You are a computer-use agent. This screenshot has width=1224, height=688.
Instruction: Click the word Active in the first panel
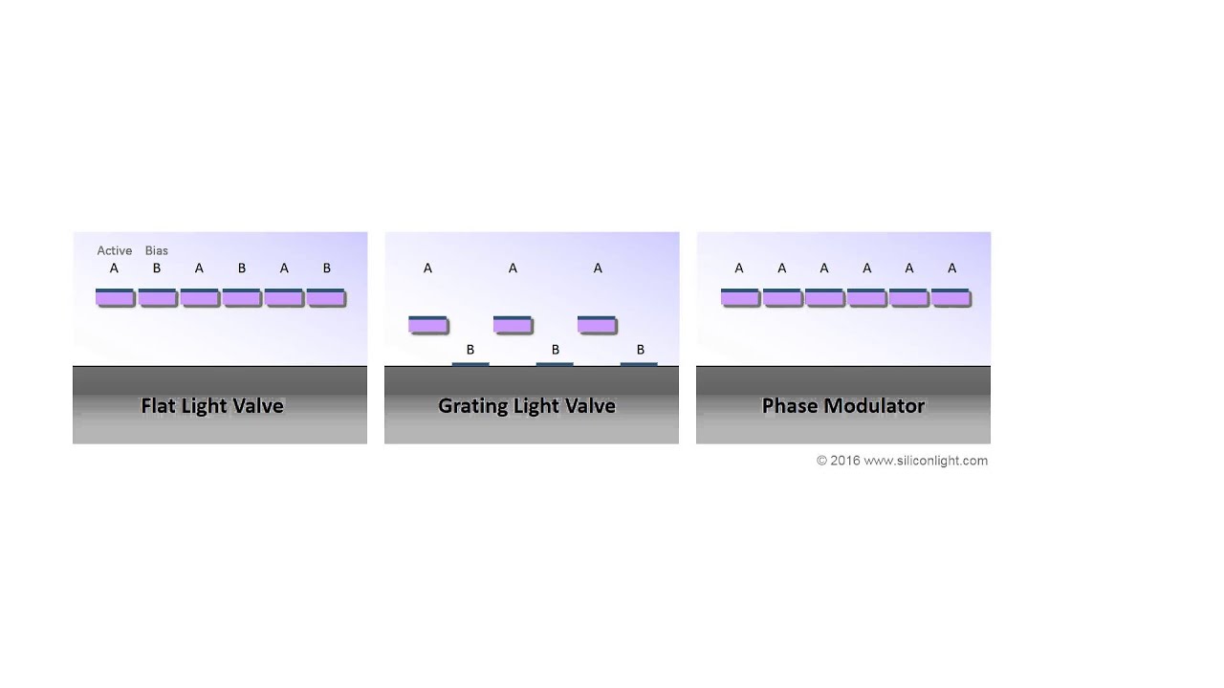click(x=114, y=250)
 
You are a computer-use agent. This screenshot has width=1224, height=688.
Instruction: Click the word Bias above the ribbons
click(x=156, y=250)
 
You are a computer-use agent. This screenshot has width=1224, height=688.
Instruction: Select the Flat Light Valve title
click(x=212, y=405)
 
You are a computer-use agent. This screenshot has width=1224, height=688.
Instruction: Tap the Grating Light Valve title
click(x=526, y=405)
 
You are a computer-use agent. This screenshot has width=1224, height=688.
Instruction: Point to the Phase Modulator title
click(x=842, y=405)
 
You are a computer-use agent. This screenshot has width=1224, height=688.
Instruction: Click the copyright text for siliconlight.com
click(x=902, y=461)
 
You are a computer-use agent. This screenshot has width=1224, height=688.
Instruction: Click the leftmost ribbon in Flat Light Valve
click(x=115, y=297)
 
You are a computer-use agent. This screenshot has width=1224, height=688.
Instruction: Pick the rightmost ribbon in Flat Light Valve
click(x=326, y=297)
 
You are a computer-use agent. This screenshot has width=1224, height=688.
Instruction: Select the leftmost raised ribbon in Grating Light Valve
click(x=427, y=324)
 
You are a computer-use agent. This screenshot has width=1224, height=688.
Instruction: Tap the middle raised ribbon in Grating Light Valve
click(x=513, y=324)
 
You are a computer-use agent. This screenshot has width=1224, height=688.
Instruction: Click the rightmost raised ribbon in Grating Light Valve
click(x=597, y=324)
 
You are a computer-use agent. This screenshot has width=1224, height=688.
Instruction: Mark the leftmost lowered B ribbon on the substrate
click(x=470, y=364)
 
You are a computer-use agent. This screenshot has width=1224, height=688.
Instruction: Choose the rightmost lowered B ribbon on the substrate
click(x=639, y=364)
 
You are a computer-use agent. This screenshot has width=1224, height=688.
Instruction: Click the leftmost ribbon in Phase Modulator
click(x=740, y=297)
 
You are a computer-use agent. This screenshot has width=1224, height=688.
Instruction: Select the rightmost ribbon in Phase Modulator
click(x=951, y=297)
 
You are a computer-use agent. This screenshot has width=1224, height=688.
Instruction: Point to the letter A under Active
click(x=114, y=269)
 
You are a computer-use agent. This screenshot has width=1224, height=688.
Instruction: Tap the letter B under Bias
click(x=157, y=269)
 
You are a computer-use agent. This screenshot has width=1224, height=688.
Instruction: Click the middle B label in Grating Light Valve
click(x=555, y=350)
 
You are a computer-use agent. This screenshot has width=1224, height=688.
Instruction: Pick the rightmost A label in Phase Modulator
click(x=951, y=269)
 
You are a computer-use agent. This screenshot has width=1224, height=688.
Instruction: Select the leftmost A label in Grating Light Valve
click(x=427, y=269)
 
